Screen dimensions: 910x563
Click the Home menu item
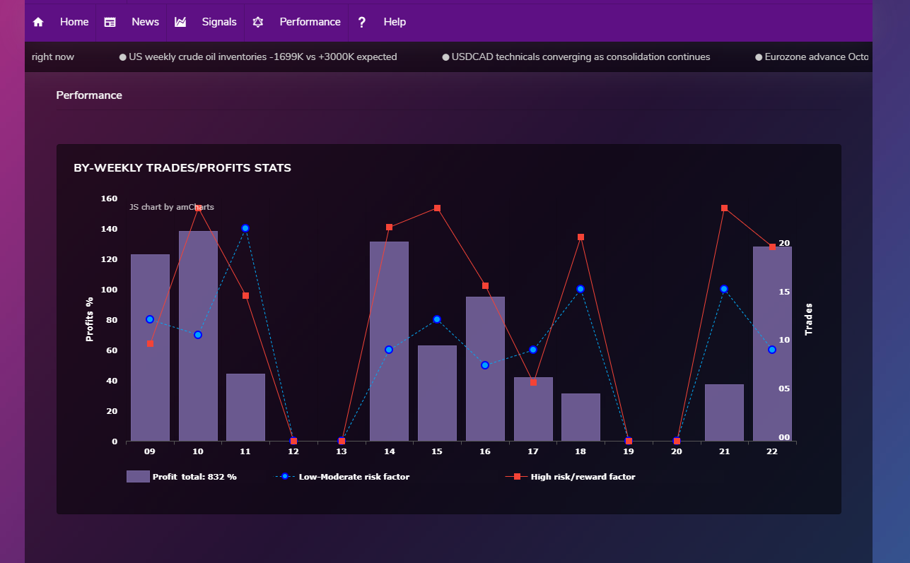click(x=74, y=22)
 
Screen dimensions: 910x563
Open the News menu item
click(x=145, y=22)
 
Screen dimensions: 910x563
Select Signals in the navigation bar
click(x=219, y=22)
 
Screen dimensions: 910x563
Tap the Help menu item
click(x=395, y=22)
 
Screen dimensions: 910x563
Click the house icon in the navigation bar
click(x=38, y=22)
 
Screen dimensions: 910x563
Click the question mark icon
click(x=361, y=22)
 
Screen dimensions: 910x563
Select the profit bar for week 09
click(x=150, y=348)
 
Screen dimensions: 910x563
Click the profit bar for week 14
click(x=389, y=341)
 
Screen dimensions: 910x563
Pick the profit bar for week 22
click(x=772, y=343)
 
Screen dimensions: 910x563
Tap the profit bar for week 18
click(x=581, y=417)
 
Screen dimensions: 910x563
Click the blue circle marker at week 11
click(x=245, y=228)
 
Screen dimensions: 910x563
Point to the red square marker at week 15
click(x=437, y=208)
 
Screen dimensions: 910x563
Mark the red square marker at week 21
click(x=724, y=208)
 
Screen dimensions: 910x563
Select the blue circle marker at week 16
click(x=484, y=365)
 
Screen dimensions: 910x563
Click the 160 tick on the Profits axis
click(x=109, y=198)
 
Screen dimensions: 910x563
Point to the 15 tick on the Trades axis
click(x=784, y=292)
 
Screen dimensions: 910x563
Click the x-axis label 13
click(x=342, y=451)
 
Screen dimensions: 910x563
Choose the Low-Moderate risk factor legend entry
click(x=342, y=477)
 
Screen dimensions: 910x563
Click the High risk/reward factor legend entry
click(x=570, y=477)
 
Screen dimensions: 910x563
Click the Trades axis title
click(x=808, y=319)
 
